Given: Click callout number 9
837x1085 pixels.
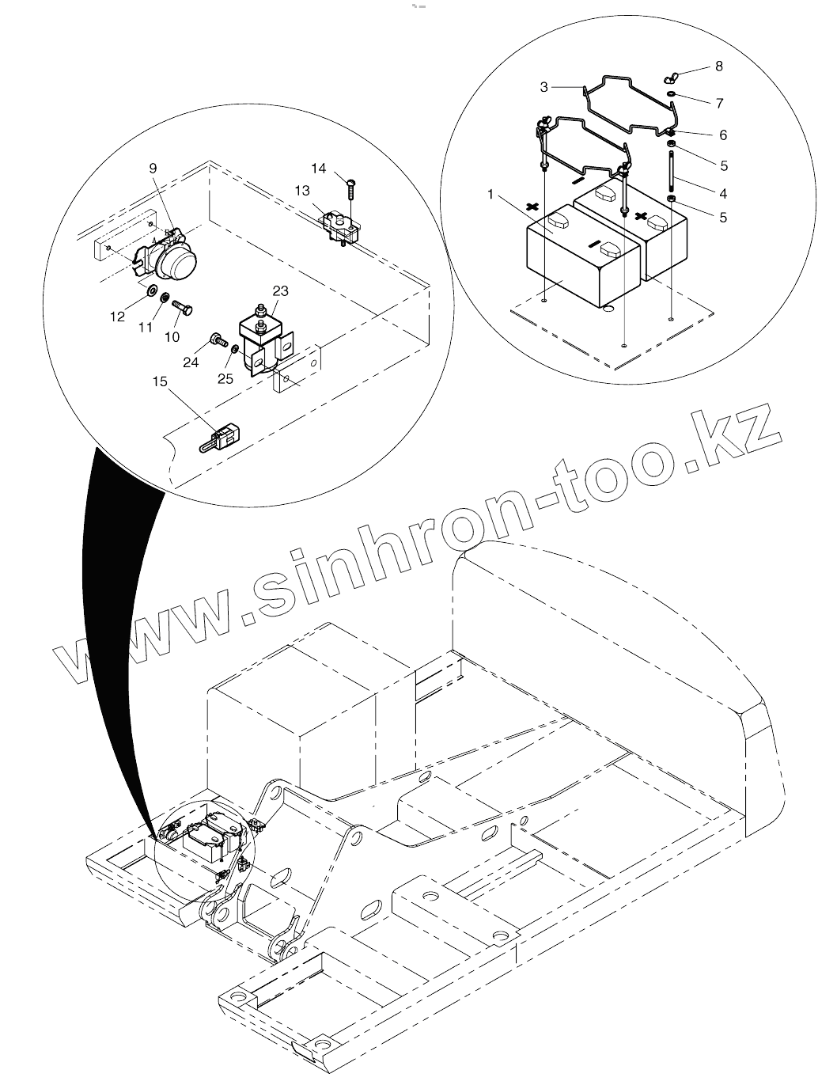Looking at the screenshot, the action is (153, 168).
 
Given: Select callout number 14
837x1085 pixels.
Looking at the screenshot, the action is (319, 168).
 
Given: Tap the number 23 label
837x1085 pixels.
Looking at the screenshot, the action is (281, 291).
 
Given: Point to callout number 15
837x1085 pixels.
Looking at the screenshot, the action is (161, 381).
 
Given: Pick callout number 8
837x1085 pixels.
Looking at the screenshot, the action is (718, 66).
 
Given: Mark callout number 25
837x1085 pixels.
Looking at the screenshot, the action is (225, 379).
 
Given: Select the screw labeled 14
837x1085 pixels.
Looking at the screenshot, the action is (348, 190).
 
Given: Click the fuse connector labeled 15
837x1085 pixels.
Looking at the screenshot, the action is (224, 437).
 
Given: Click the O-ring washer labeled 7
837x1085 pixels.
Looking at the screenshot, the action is (671, 94).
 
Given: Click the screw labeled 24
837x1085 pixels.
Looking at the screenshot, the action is (216, 342).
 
